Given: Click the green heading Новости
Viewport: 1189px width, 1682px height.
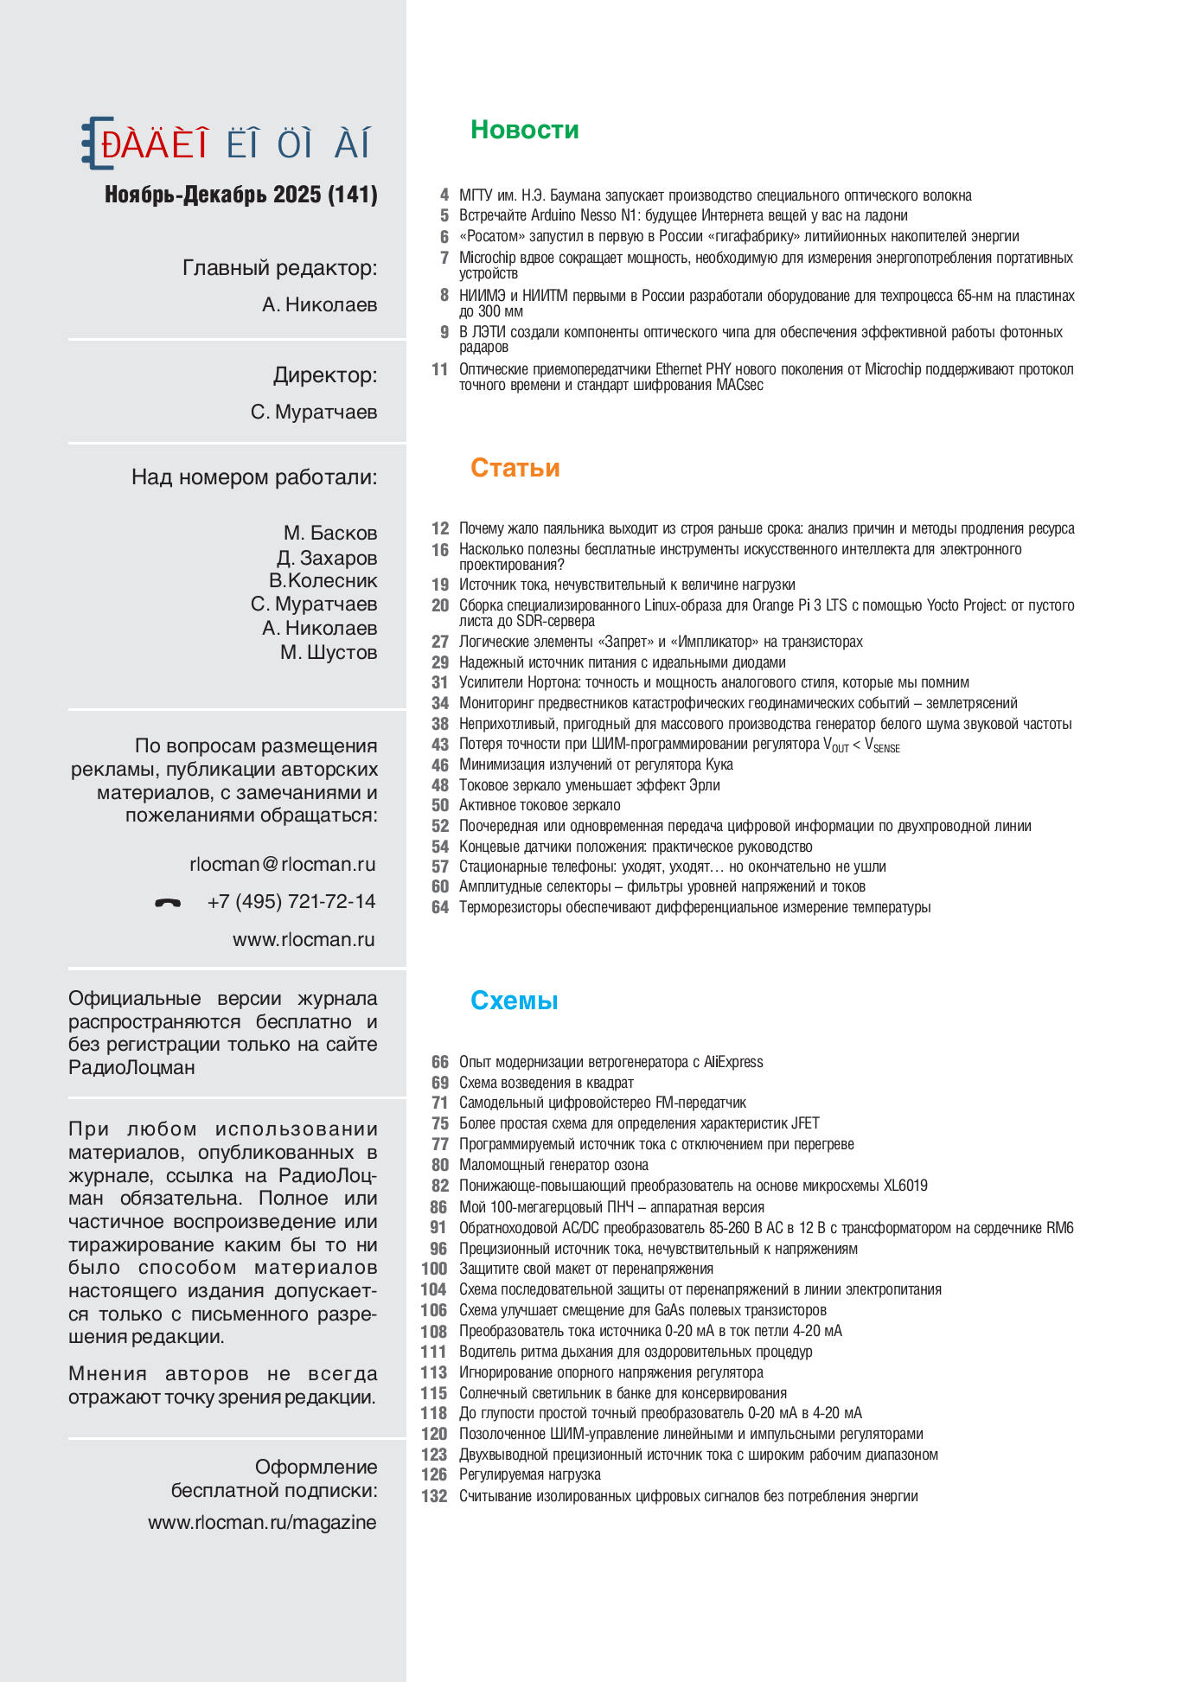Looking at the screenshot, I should click(524, 130).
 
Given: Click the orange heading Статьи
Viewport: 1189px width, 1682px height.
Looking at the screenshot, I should click(515, 468).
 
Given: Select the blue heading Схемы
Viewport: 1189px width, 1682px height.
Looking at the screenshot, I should click(514, 1001).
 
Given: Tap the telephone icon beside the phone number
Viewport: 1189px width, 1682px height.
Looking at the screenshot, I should click(168, 903).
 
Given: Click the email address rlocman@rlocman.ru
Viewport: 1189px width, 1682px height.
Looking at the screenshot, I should click(282, 864).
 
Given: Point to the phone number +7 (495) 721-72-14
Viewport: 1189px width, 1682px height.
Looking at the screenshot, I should click(291, 902).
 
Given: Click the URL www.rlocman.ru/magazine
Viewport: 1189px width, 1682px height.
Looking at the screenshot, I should click(262, 1522).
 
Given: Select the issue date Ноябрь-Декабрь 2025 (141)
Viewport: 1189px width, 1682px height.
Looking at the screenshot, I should click(240, 195).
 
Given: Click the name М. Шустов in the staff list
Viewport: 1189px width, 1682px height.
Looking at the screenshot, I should click(329, 652).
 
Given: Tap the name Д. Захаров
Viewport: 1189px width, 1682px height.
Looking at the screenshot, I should click(327, 558).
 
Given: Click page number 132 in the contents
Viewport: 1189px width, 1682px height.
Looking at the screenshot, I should click(434, 1496).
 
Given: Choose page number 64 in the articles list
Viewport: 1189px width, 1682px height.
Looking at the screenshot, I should click(440, 907).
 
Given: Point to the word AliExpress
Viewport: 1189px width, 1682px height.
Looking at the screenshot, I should click(733, 1062).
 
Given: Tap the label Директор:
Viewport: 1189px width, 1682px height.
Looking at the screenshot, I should click(325, 375).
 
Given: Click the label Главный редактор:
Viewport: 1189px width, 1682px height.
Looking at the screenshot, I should click(279, 268).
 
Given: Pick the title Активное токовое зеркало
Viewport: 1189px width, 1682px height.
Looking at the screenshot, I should click(540, 805).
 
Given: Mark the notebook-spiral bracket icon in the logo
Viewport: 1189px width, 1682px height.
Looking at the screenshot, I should click(95, 143).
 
